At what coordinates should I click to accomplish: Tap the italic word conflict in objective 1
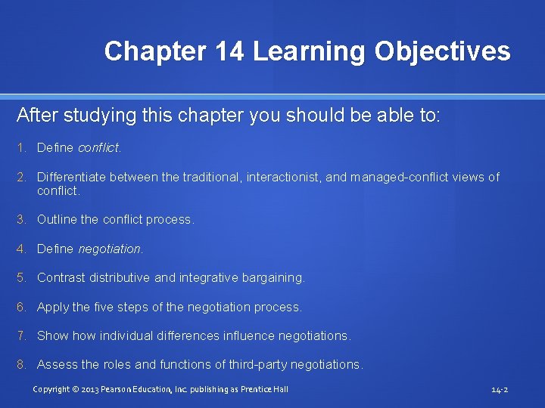(x=98, y=148)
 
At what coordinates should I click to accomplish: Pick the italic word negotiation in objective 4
(x=109, y=249)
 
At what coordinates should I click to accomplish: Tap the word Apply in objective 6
(x=53, y=307)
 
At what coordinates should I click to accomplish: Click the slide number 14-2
(x=499, y=390)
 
